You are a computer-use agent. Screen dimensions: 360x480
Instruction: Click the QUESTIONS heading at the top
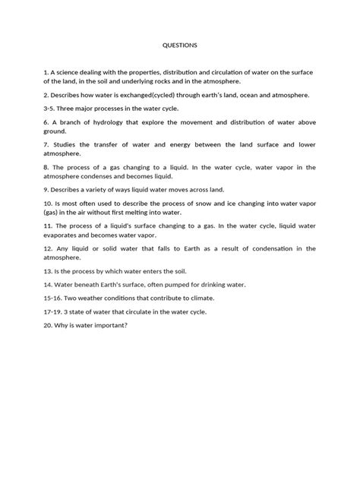point(180,45)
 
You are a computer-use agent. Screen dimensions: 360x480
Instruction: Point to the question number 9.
point(46,190)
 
